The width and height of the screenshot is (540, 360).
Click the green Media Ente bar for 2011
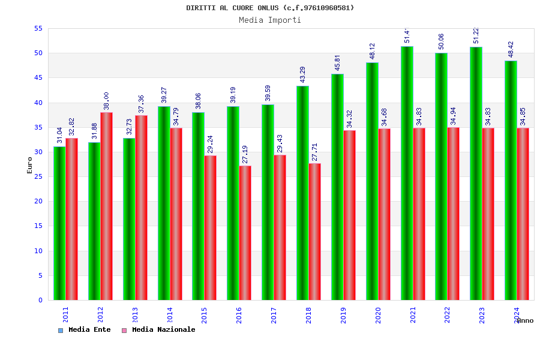(x=59, y=223)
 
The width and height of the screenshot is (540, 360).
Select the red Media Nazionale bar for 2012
(x=106, y=206)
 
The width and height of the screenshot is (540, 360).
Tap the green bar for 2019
(x=337, y=187)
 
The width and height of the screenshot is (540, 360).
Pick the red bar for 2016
(x=245, y=233)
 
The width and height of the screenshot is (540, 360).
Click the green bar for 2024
(x=511, y=180)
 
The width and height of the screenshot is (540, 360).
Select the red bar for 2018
(x=314, y=232)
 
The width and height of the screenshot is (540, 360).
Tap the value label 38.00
(x=106, y=101)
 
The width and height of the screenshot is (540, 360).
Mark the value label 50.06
(x=442, y=41)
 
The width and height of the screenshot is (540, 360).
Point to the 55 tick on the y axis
(x=38, y=28)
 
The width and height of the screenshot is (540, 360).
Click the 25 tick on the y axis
(x=38, y=176)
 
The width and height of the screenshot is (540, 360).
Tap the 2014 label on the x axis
(x=170, y=315)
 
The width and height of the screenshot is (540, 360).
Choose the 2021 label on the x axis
(x=413, y=315)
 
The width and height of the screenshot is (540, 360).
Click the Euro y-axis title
(x=30, y=165)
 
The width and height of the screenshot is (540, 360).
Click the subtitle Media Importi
(x=270, y=20)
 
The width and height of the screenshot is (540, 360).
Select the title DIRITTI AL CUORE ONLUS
(x=270, y=8)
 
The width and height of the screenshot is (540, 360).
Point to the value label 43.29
(x=303, y=74)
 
